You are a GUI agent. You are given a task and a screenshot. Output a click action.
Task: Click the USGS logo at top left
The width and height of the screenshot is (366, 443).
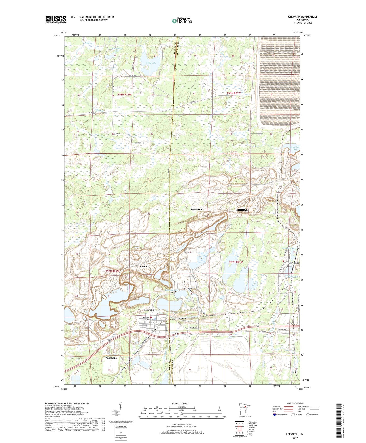coord(56,19)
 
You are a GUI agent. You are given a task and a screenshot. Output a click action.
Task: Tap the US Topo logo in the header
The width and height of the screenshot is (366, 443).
coord(182,21)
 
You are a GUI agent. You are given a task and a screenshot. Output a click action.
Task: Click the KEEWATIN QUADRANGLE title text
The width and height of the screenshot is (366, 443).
coord(302,17)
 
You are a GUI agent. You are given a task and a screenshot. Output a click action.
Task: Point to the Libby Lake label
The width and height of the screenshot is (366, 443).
coord(151,63)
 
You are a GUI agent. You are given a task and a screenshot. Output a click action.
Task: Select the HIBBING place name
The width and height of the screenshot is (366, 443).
coord(242,210)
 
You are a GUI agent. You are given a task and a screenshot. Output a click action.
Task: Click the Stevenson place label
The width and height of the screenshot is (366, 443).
coord(196,209)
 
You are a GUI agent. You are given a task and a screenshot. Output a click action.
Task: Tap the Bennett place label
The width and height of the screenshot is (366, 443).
coord(144,267)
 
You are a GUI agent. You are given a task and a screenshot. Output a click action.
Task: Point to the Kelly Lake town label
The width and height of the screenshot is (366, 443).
coord(293,263)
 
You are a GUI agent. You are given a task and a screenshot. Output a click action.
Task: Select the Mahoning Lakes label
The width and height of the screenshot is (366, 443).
coord(294,148)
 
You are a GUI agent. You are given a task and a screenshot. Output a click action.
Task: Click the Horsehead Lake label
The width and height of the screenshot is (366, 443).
coord(117,49)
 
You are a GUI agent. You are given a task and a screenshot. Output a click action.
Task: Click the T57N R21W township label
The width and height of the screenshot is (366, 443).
coord(236,262)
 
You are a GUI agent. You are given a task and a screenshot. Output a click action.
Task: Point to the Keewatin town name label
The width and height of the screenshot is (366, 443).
coord(149,310)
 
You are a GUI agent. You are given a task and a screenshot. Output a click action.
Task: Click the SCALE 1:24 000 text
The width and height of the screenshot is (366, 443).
coord(180,403)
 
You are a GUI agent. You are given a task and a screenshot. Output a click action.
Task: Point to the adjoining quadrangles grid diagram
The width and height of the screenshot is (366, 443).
coord(239,429)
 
